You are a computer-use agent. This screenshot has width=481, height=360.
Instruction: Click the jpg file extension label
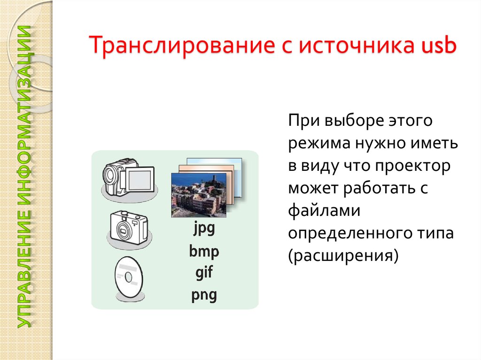[x=204, y=230]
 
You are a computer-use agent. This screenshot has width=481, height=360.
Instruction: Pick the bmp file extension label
[x=204, y=252]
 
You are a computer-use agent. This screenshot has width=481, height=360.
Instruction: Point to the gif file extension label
[x=204, y=273]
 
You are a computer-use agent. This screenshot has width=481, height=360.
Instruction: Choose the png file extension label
[x=204, y=295]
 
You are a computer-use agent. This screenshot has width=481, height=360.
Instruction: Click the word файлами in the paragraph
[x=324, y=211]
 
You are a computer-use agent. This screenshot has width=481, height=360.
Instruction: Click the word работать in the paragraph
[x=385, y=188]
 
